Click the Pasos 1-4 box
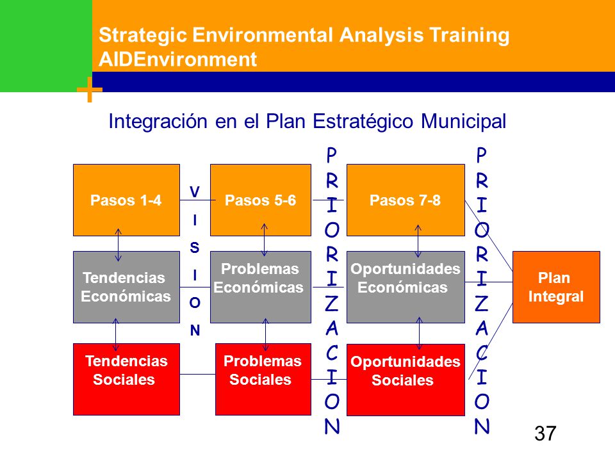pos(126,200)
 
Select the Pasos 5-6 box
pos(261,200)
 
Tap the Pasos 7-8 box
pos(406,200)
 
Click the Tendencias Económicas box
pos(126,287)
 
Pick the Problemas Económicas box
pos(261,287)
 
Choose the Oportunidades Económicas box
pos(406,287)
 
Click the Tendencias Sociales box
pos(126,379)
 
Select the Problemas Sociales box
pos(263,379)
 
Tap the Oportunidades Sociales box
pos(406,380)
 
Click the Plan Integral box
pos(556,287)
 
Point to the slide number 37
pos(545,433)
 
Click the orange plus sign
pos(90,90)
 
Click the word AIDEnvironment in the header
pos(177,60)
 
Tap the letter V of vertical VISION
pos(195,192)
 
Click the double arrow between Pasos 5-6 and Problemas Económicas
pos(265,240)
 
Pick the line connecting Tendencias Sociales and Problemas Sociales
pos(197,374)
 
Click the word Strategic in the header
pos(143,35)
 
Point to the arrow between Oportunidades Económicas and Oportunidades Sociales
pos(419,333)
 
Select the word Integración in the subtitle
pos(158,122)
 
